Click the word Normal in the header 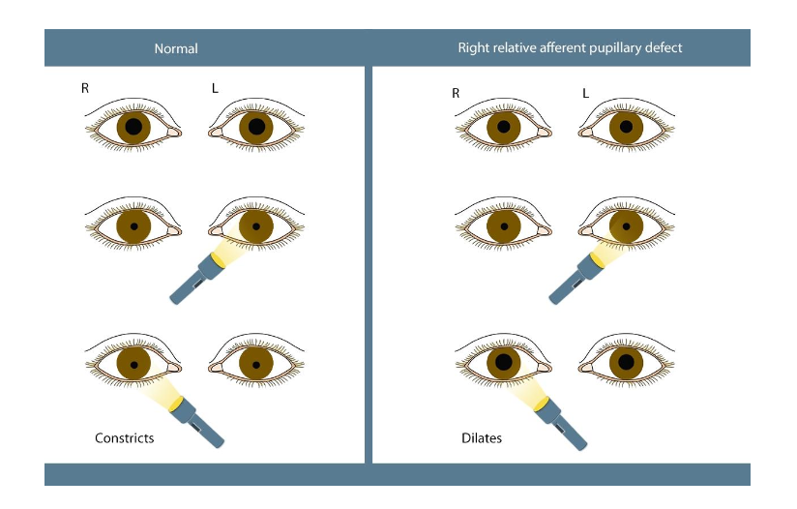[177, 48]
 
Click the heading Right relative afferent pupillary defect [570, 47]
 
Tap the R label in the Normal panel [86, 89]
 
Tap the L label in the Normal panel [215, 89]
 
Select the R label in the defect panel [456, 93]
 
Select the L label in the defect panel [585, 93]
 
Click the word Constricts [124, 438]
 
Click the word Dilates [481, 438]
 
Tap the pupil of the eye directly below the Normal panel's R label [133, 126]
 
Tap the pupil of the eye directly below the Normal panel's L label [256, 126]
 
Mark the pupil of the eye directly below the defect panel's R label [503, 127]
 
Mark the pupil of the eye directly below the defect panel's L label [627, 127]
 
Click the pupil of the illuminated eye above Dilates [503, 363]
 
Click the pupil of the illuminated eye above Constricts [133, 363]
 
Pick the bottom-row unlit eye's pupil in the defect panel [627, 363]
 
